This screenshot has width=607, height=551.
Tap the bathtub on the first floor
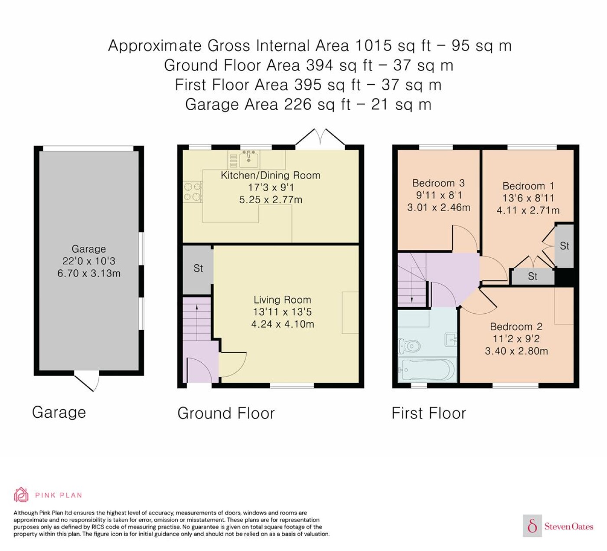(427, 370)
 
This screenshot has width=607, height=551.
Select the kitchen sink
(249, 159)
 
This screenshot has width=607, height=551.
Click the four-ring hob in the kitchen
(193, 192)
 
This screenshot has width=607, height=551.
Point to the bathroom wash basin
(451, 340)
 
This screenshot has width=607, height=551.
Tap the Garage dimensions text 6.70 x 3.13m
(89, 273)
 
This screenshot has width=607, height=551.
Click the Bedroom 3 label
(438, 183)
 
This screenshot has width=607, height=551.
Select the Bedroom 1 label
(528, 186)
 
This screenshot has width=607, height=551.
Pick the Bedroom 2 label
(516, 327)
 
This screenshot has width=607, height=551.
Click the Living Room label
(282, 300)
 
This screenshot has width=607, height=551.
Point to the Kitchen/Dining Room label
(271, 175)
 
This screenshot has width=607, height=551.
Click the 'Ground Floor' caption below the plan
(226, 413)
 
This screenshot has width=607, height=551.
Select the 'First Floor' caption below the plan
(429, 413)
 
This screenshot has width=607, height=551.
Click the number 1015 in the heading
(373, 46)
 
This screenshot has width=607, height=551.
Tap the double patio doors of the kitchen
(320, 138)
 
